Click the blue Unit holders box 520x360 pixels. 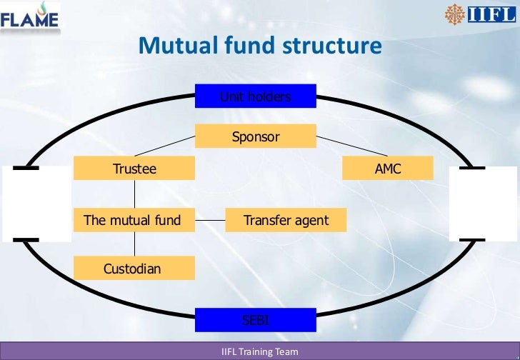[x=255, y=96]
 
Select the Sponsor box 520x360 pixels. [x=255, y=136]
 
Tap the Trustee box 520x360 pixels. [x=134, y=169]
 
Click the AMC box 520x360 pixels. [x=388, y=169]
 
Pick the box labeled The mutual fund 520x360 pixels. [x=134, y=220]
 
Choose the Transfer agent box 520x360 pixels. [x=286, y=220]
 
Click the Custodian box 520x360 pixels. [x=134, y=269]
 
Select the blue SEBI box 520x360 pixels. [x=255, y=320]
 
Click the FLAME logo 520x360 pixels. [x=30, y=17]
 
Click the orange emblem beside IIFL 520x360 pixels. [x=454, y=14]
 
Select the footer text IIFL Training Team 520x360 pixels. [x=260, y=352]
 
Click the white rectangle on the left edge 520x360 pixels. [x=36, y=204]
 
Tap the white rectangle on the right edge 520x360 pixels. [x=477, y=204]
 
